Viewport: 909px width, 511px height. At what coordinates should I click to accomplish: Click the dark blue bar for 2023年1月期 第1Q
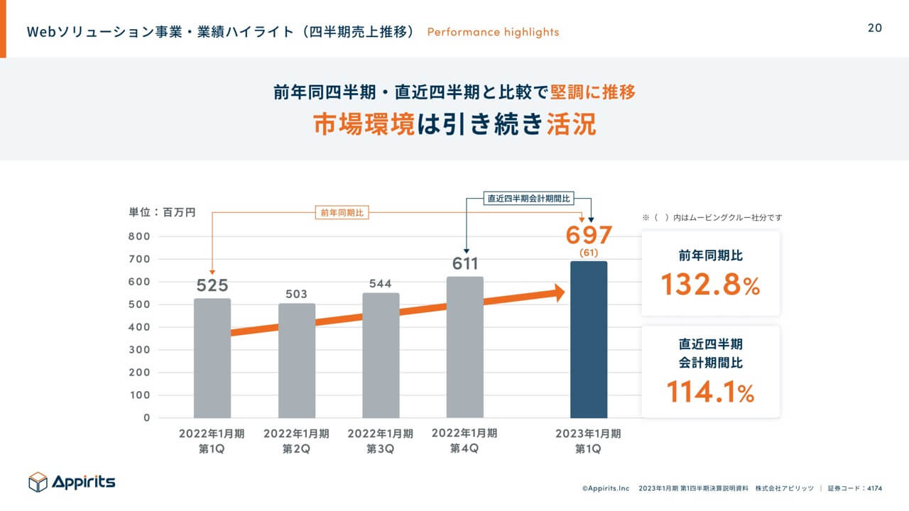click(x=589, y=340)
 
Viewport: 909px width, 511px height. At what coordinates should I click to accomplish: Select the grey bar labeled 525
click(x=212, y=358)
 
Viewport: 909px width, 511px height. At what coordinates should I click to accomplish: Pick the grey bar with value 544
click(x=381, y=356)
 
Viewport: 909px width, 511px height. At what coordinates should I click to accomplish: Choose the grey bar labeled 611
click(x=465, y=347)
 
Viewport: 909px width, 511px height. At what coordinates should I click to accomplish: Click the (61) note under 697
click(x=589, y=253)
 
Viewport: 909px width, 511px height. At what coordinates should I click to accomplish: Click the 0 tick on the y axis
click(x=147, y=418)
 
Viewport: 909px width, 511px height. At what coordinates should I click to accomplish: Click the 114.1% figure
click(x=710, y=392)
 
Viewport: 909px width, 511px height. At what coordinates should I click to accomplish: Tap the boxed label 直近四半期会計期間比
click(x=528, y=199)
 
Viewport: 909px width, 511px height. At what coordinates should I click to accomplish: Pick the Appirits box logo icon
click(x=38, y=483)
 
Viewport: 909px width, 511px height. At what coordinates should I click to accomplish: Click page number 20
click(x=875, y=28)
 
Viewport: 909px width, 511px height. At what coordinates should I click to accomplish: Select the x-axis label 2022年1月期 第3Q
click(x=381, y=441)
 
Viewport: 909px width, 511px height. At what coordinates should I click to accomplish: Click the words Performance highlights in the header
click(x=493, y=32)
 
